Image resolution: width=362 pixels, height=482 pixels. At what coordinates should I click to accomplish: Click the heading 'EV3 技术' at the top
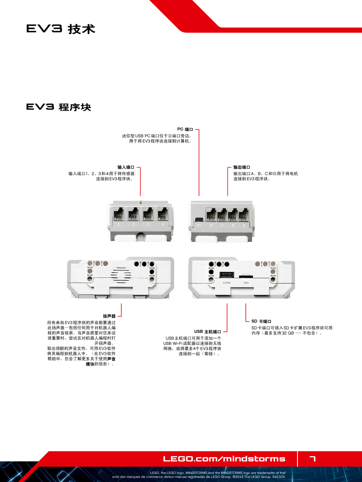(60, 29)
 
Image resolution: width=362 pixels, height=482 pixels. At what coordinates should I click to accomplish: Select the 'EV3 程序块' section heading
(58, 107)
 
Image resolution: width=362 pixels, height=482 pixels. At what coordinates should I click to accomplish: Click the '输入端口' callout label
(126, 167)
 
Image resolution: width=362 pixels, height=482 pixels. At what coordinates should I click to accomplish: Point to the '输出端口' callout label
(241, 167)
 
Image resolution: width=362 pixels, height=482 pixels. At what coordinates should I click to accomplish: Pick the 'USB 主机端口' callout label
(207, 331)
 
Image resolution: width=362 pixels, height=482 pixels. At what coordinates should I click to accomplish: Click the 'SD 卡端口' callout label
(261, 321)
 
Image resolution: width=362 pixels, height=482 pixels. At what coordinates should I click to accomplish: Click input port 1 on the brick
(118, 214)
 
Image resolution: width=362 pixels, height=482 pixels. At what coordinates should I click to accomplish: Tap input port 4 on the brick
(163, 214)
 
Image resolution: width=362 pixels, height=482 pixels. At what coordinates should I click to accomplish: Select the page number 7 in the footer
(312, 459)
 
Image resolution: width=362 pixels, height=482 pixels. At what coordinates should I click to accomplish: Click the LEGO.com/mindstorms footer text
(224, 459)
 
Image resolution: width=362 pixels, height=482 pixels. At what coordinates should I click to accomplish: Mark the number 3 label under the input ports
(148, 224)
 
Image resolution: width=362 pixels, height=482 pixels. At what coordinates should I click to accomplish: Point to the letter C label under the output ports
(222, 225)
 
